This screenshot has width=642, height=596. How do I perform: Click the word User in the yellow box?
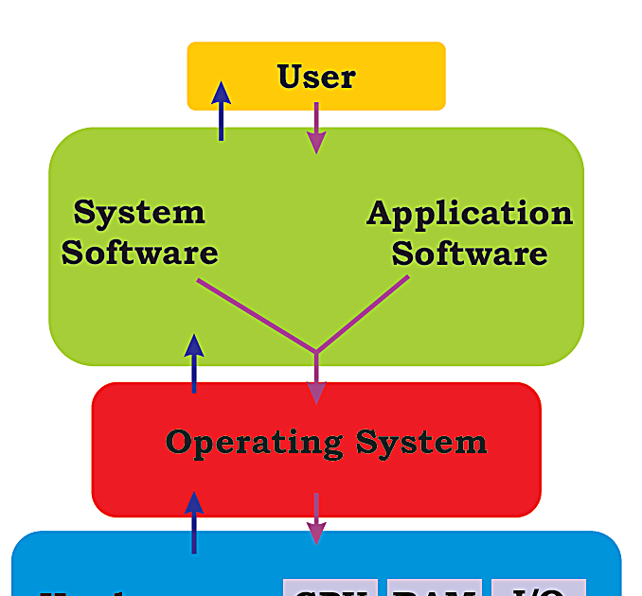[316, 77]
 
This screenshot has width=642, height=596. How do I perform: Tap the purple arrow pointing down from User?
[316, 128]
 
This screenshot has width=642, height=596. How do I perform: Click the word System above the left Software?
[139, 212]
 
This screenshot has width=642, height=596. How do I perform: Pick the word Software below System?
[139, 253]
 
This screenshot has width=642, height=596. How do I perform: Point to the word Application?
[470, 213]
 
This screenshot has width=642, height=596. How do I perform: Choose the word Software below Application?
[470, 254]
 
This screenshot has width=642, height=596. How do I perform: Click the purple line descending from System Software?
[256, 315]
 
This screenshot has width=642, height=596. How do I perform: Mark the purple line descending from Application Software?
[364, 312]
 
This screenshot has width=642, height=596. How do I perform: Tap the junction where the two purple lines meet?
[316, 352]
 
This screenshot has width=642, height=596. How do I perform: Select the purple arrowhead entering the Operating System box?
[316, 392]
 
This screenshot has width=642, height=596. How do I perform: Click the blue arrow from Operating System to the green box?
[194, 363]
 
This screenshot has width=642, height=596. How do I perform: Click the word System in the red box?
[421, 442]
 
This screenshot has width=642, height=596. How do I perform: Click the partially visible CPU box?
[330, 587]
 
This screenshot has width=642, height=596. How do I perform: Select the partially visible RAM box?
[435, 587]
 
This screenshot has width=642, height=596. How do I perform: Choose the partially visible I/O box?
[538, 587]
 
